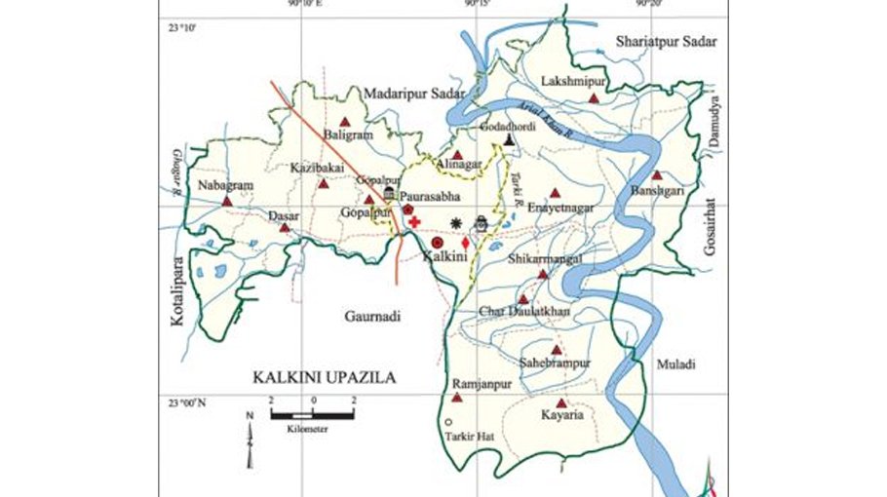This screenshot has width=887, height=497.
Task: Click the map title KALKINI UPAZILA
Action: (325, 377)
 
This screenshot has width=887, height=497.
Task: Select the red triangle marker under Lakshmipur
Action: (593, 98)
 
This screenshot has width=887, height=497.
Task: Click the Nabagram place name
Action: (225, 185)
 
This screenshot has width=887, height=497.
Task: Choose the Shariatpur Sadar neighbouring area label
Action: (666, 42)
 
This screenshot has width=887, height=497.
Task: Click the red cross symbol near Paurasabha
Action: (414, 222)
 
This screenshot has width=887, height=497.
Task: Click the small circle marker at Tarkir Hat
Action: (447, 422)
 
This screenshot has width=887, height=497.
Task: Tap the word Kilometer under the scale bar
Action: (307, 428)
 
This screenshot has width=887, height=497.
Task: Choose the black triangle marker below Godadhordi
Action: (508, 140)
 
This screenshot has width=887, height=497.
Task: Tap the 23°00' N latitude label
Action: (186, 401)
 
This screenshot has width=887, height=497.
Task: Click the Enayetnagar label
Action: (559, 208)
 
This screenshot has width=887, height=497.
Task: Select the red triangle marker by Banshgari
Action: (657, 175)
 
